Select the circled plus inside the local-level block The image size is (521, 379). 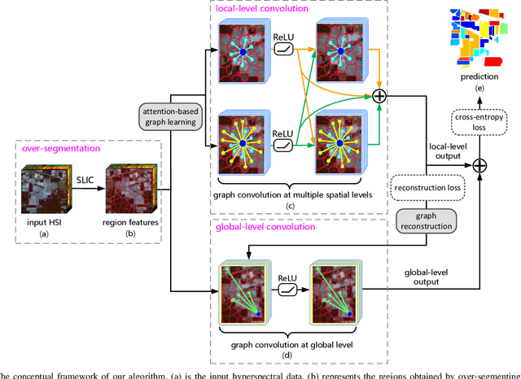(379, 96)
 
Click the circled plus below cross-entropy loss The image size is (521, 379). (482, 165)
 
